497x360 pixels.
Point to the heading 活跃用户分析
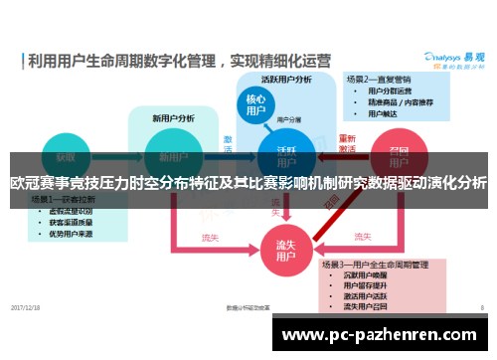pos(286,79)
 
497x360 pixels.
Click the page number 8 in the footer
pos(482,306)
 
